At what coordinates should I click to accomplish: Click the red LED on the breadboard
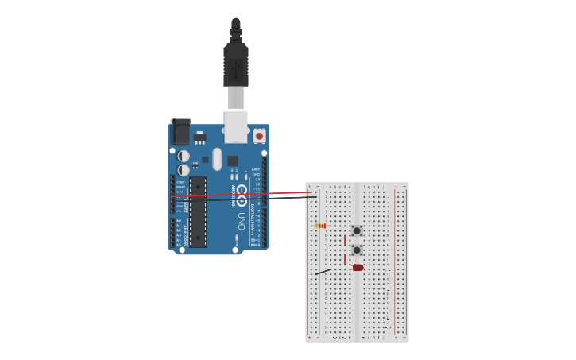(358, 268)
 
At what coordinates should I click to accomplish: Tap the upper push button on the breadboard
(357, 230)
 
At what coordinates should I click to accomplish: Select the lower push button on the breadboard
(357, 250)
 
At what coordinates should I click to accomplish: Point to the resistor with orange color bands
(320, 226)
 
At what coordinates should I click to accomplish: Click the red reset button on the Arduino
(259, 136)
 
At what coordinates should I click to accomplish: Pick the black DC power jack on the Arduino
(181, 132)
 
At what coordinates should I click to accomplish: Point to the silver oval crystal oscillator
(217, 158)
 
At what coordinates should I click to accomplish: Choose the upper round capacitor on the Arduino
(184, 156)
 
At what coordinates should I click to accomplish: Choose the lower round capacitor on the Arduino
(184, 169)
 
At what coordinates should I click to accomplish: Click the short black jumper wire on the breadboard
(323, 272)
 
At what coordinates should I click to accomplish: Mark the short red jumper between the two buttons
(345, 240)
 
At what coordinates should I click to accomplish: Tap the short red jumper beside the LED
(345, 259)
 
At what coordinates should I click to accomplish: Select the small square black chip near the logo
(233, 161)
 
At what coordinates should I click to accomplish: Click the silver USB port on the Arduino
(236, 127)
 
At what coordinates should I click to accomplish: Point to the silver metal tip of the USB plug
(236, 98)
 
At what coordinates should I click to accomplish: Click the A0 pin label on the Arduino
(179, 221)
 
